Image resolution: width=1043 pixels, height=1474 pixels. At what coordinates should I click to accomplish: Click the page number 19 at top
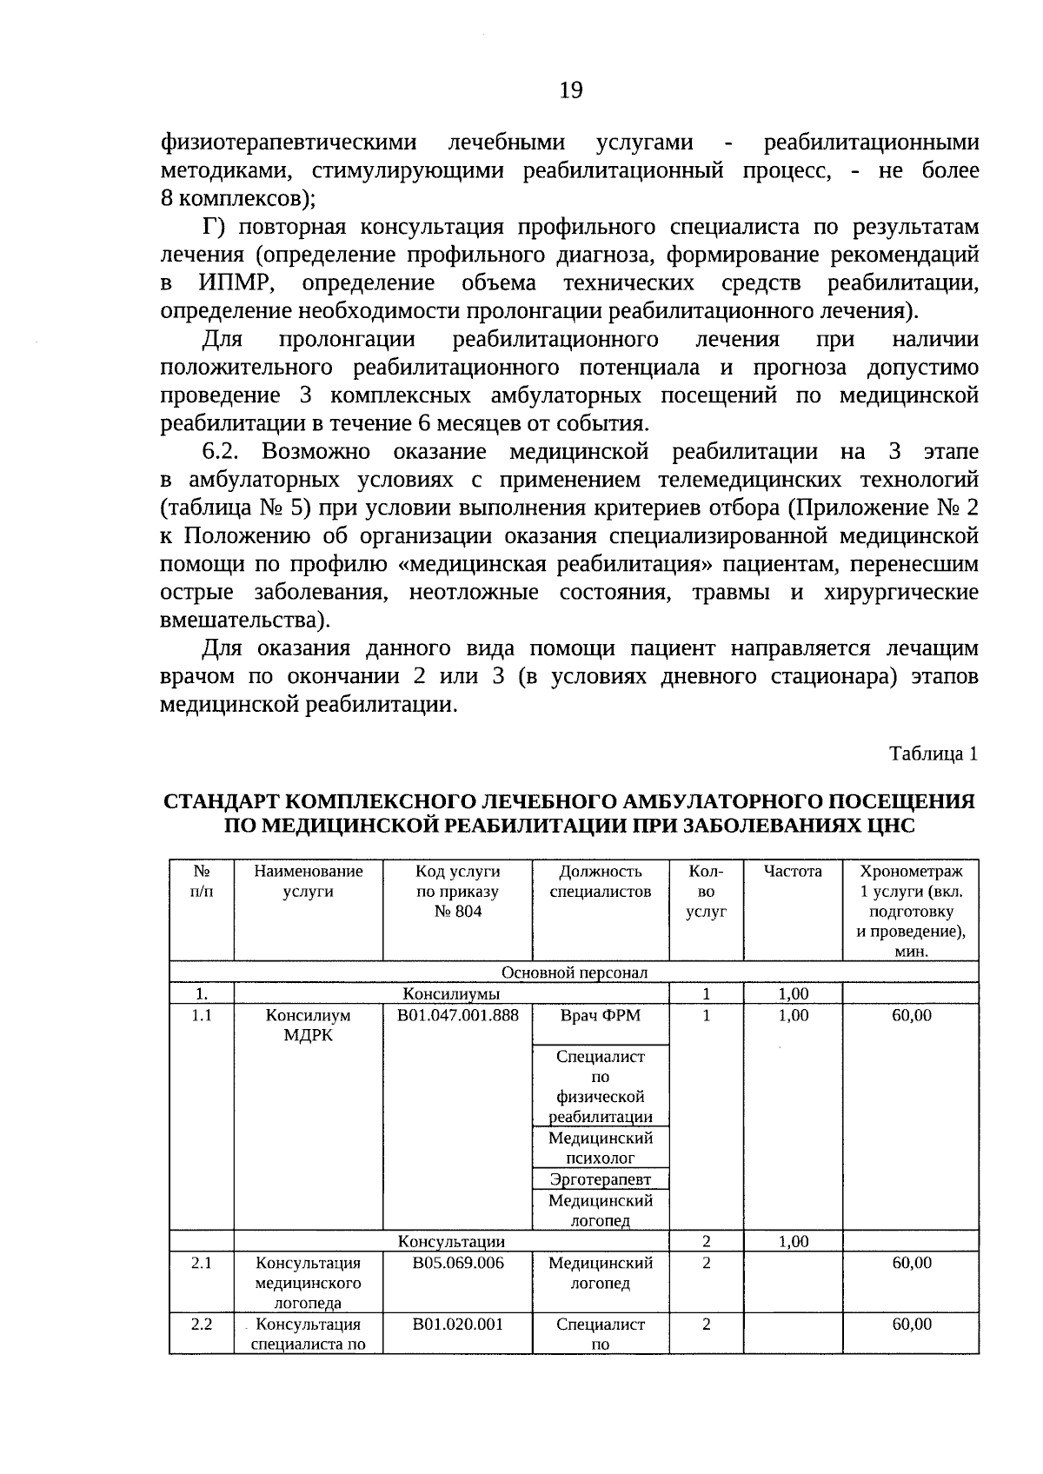click(570, 90)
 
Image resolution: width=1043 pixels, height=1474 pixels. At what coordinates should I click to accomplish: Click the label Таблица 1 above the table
click(933, 754)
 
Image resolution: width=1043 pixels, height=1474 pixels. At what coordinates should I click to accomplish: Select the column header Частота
click(792, 871)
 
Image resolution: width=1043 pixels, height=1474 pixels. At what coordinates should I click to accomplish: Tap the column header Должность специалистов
click(600, 881)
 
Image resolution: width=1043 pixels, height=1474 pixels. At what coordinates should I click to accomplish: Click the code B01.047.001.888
click(457, 1015)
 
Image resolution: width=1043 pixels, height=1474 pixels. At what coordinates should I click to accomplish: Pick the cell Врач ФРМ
click(600, 1015)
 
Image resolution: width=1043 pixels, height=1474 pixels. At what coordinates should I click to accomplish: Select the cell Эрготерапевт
click(600, 1179)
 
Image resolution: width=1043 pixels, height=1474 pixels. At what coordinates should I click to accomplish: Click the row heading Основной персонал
click(574, 973)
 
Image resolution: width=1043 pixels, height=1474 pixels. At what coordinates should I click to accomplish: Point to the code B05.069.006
click(457, 1263)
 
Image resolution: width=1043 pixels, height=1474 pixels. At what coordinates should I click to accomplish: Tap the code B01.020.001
click(457, 1325)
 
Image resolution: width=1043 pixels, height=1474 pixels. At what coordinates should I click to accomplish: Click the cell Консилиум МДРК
click(308, 1026)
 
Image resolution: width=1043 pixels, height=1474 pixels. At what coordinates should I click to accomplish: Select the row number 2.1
click(202, 1263)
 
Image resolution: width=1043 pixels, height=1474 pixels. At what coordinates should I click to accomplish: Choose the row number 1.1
click(202, 1015)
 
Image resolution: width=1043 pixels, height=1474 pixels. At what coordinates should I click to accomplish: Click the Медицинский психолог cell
click(600, 1148)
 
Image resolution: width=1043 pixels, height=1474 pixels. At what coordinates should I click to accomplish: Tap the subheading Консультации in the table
click(451, 1242)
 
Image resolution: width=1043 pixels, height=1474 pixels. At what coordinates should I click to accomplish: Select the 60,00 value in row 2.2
click(911, 1325)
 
